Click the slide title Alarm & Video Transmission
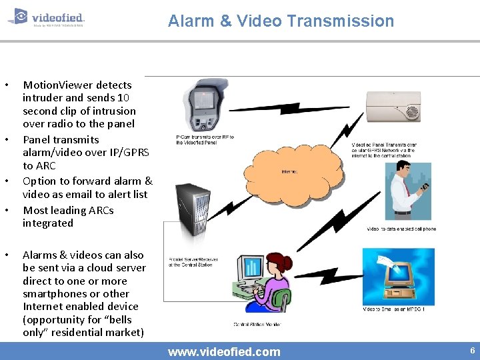pyautogui.click(x=281, y=21)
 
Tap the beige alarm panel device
pyautogui.click(x=393, y=105)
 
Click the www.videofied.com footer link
pyautogui.click(x=224, y=351)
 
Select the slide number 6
pyautogui.click(x=472, y=351)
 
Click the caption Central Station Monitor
pyautogui.click(x=257, y=325)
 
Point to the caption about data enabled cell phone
pyautogui.click(x=401, y=229)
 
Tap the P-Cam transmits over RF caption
pyautogui.click(x=205, y=140)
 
